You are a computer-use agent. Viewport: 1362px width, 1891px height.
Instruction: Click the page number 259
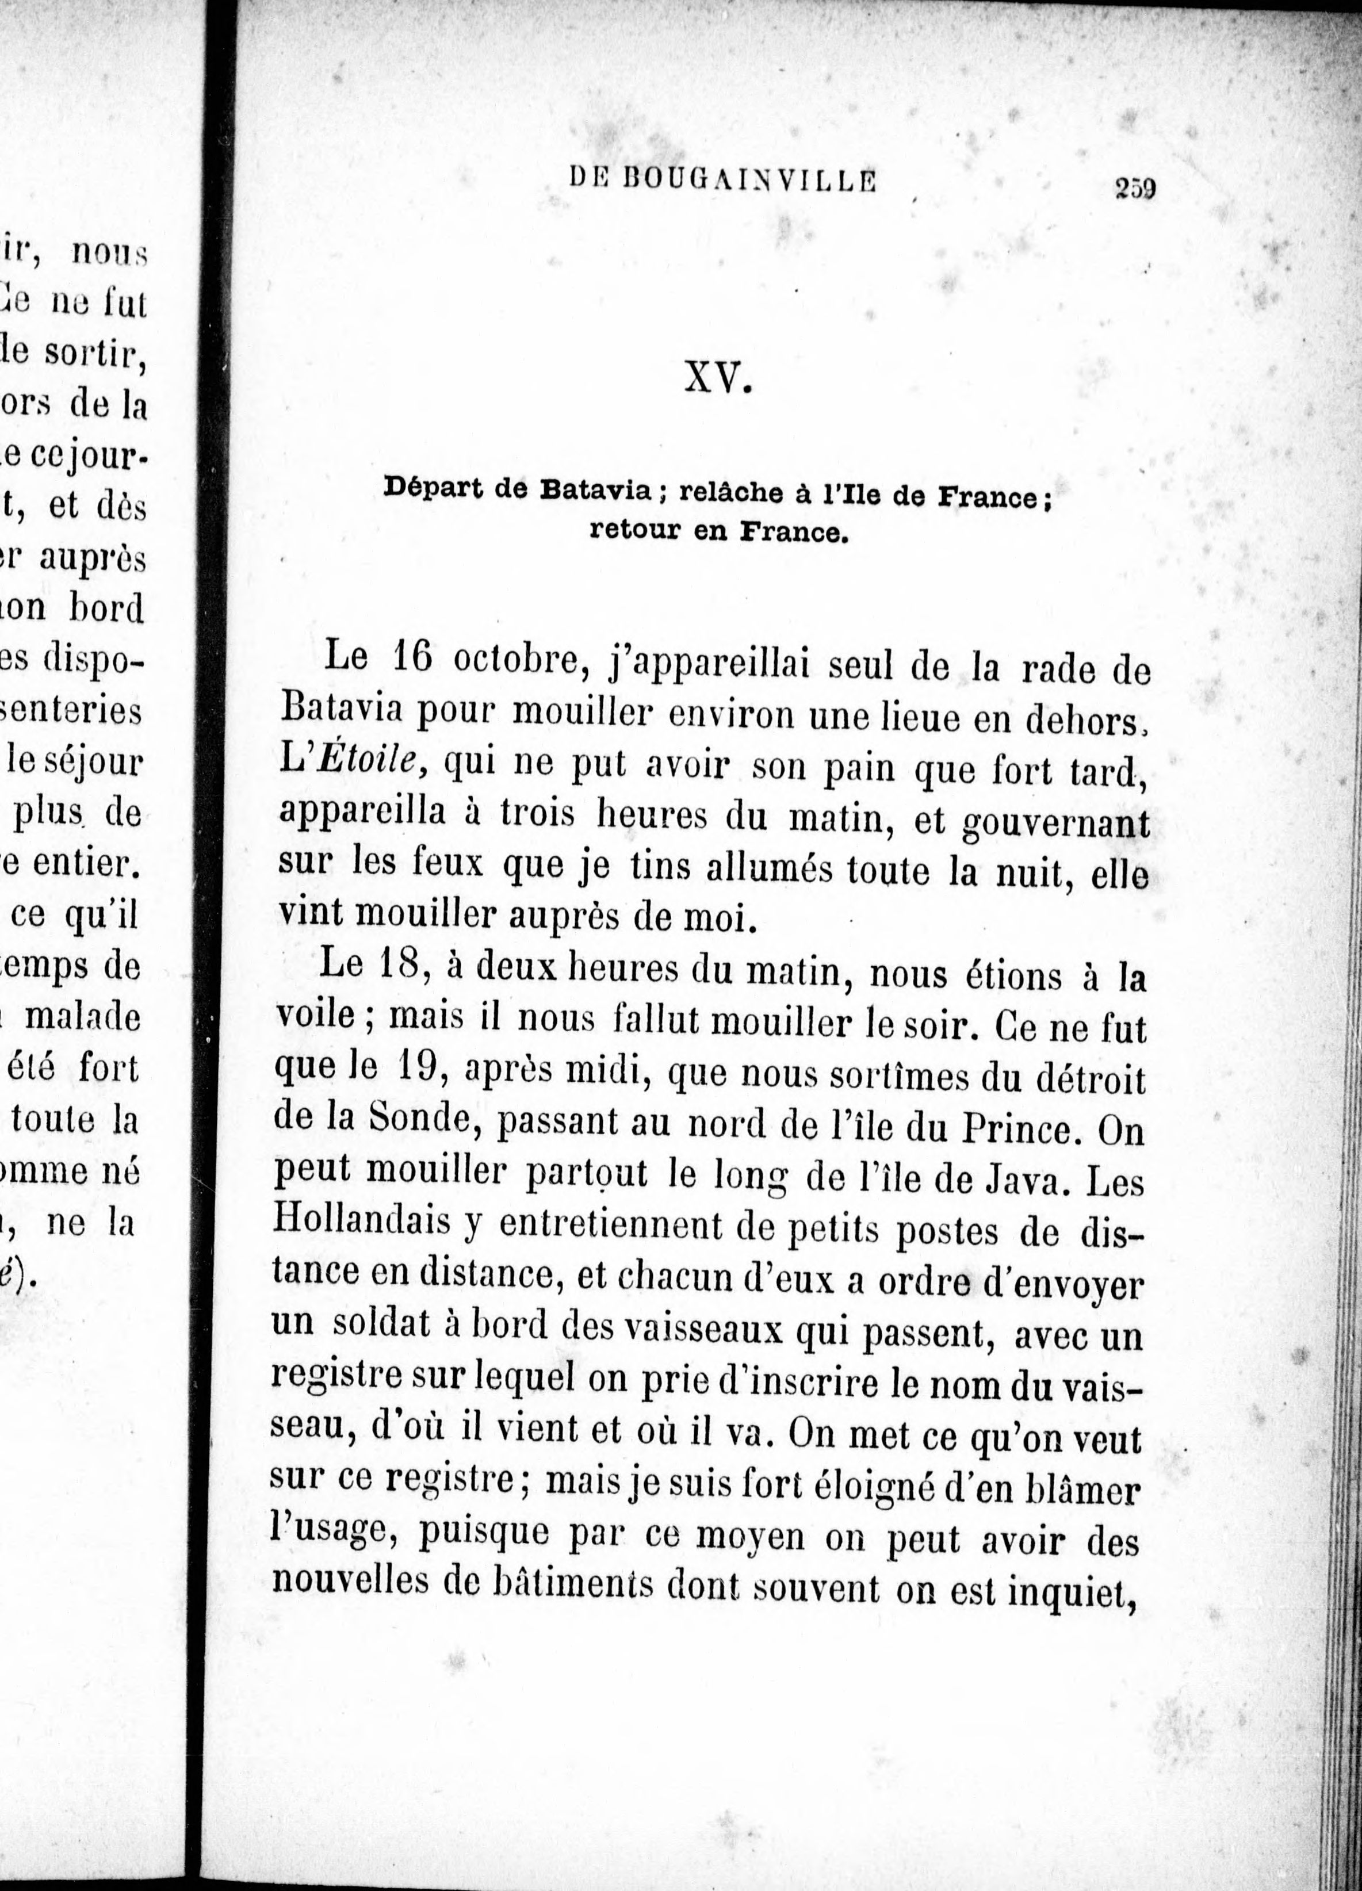[1134, 189]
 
